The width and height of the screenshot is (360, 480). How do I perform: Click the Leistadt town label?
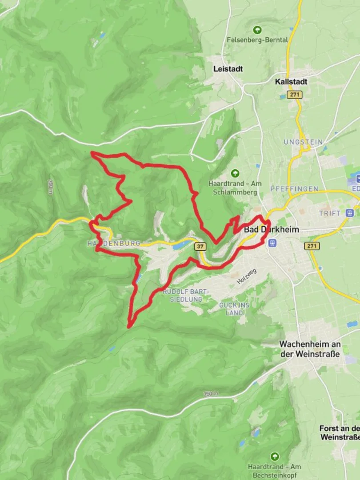click(228, 69)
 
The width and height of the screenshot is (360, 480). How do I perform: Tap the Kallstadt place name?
click(291, 82)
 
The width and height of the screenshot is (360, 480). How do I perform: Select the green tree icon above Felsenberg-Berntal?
click(257, 30)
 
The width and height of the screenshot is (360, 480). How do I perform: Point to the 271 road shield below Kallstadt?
click(293, 95)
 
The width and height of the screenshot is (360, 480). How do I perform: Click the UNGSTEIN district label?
click(302, 142)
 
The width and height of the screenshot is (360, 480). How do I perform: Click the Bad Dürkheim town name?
click(271, 230)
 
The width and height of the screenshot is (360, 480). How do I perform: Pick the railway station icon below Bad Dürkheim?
click(273, 243)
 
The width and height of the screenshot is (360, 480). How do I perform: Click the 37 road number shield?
click(200, 246)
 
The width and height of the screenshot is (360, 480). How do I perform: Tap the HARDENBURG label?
click(114, 244)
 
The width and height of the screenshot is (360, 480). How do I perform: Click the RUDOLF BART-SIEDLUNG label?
click(183, 295)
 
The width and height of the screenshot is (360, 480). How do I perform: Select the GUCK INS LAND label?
click(234, 309)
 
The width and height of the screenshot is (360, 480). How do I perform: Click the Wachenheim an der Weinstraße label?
click(310, 349)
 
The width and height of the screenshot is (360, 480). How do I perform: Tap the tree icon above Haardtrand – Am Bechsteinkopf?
click(275, 456)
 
